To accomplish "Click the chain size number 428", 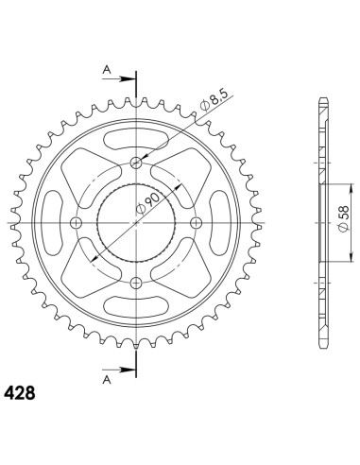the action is pos(19,393).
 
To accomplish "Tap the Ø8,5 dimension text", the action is pos(215,99).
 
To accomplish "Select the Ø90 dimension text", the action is pos(147,203).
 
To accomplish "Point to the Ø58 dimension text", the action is pos(343,218).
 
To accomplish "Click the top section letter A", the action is pos(108,70).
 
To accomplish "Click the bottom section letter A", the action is pos(108,380).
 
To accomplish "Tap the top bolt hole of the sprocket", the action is pos(136,163).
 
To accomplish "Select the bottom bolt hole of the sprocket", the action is pos(136,283).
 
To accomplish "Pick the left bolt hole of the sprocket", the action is pos(76,223).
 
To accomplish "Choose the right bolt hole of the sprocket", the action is pos(197,223).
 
